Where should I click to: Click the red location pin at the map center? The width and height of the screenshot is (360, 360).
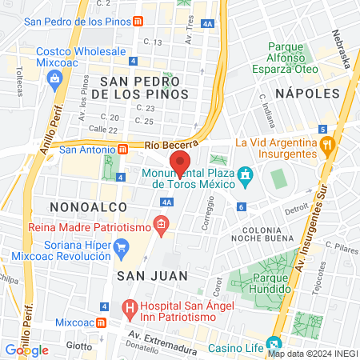180,162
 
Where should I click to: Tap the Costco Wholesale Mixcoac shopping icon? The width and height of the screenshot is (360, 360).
54,78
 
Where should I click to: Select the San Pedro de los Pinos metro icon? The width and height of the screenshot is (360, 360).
139,21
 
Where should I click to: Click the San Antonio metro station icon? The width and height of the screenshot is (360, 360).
123,149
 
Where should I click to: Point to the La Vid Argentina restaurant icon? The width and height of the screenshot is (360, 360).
326,145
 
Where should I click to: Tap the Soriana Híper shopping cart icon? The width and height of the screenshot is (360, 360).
121,246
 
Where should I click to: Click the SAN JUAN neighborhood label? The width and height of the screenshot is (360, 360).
152,275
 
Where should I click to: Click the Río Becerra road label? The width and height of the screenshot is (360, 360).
169,145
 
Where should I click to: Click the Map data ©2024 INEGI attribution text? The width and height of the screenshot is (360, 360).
312,353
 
